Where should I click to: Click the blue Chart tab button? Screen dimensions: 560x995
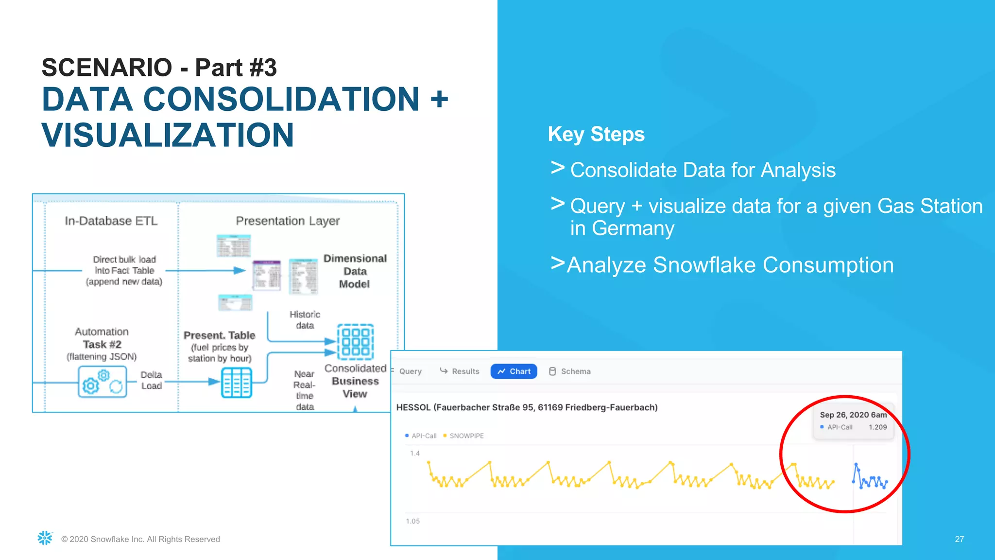514,371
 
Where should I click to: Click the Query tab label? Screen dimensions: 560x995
410,371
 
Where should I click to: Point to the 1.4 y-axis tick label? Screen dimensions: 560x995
415,453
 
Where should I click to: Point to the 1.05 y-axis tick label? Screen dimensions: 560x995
412,521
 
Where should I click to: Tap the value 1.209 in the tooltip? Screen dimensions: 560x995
877,427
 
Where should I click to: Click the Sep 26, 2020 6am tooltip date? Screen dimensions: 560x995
853,415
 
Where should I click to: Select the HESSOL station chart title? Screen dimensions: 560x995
527,407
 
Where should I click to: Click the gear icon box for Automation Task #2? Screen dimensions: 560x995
103,382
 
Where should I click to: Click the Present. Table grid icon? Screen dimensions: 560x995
237,383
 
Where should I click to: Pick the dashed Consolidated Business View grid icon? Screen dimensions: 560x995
356,342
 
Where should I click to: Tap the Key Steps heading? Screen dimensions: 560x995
596,134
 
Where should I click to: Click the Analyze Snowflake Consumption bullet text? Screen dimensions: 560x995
730,265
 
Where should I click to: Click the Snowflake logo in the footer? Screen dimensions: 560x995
45,538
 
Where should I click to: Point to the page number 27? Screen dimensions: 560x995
959,539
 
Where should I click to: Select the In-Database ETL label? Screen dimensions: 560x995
111,221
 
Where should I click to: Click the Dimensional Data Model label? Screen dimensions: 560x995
355,271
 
